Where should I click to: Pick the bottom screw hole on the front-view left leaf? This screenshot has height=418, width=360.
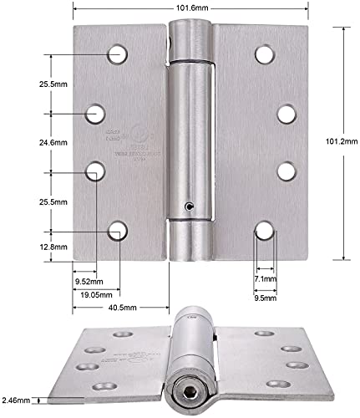point(118,229)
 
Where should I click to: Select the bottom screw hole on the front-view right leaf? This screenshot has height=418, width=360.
point(265,229)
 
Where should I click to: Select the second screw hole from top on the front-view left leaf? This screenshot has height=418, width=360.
point(98,113)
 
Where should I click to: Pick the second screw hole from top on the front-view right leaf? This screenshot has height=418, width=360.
point(286,113)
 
